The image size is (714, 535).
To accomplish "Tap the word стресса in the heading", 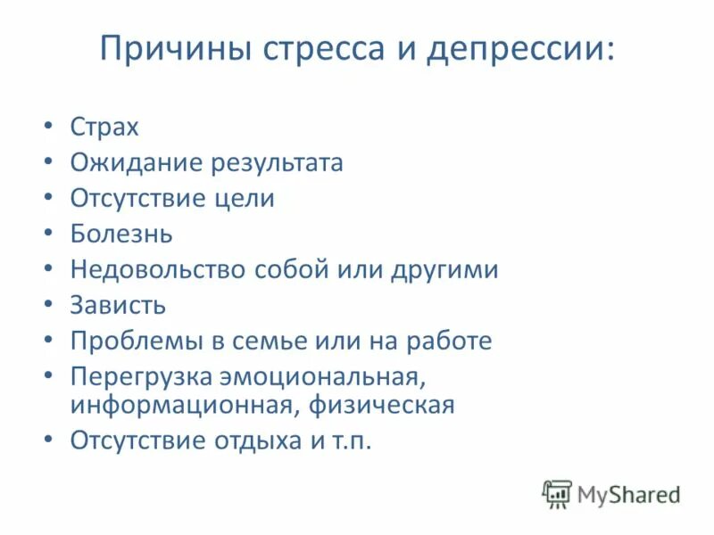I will [x=322, y=48].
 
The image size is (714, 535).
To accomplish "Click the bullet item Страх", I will [x=104, y=127].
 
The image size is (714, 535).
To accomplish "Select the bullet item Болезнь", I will [x=121, y=234].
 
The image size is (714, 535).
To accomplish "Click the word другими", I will [x=444, y=269].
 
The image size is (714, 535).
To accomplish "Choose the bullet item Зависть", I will [x=118, y=305].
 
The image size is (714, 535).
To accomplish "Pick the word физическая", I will [x=383, y=405].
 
